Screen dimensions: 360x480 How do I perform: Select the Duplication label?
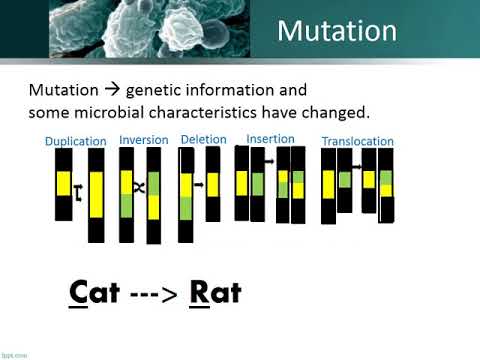tap(76, 141)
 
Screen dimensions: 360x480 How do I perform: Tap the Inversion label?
tap(143, 140)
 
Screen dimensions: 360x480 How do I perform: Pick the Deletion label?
tap(203, 139)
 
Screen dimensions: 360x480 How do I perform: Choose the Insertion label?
tap(270, 138)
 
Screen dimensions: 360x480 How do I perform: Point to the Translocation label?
tap(357, 140)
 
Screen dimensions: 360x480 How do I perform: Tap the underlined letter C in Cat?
tap(79, 293)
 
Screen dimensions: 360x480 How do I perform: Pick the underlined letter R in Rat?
tap(194, 293)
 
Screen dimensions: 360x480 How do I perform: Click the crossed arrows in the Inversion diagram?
tap(141, 187)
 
